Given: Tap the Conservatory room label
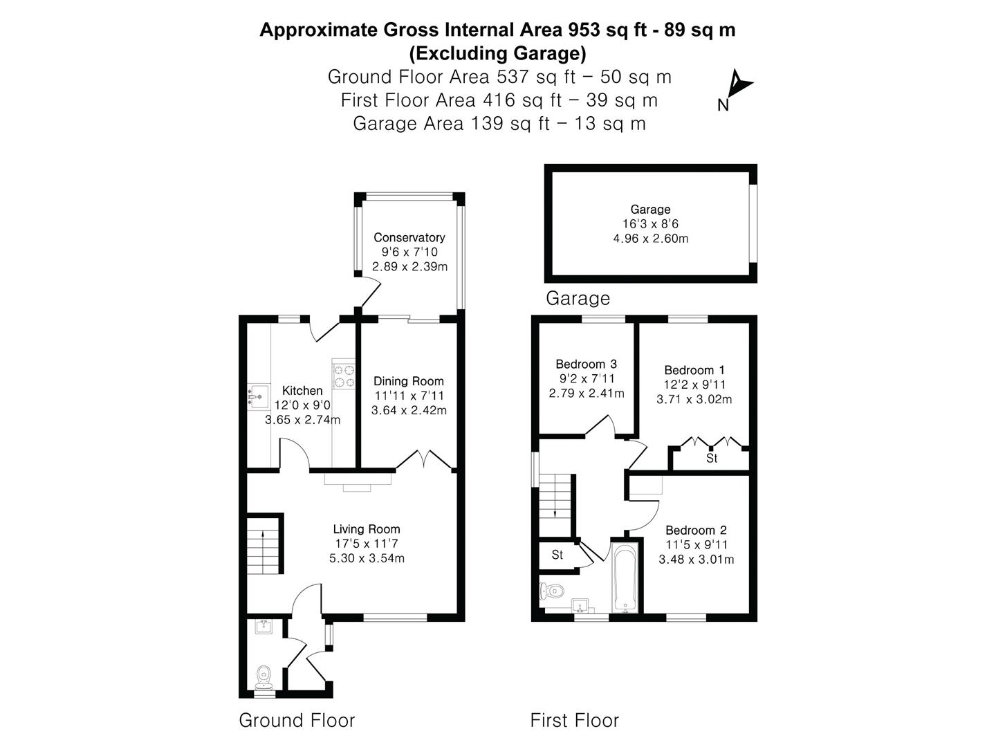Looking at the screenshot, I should coord(409,237).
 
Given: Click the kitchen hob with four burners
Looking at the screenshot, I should coord(344,376).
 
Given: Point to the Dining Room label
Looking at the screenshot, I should coord(409,381).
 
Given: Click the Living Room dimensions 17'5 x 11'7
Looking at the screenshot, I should coord(367,544).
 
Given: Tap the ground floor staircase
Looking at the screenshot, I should coord(265,544).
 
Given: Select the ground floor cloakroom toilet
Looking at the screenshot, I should coord(263,676).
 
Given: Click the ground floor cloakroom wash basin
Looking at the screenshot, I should coord(264,627).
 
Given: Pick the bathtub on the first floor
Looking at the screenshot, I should coord(625,578).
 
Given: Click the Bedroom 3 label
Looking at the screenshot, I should coord(586,364).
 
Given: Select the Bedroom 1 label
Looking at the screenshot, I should coord(694,370).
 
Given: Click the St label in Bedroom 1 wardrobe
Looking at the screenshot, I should coord(712,459).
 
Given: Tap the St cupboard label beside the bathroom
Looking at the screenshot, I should coord(557,555).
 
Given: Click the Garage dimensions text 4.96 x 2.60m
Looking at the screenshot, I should coord(650,239).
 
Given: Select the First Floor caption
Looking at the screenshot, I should coord(574,720).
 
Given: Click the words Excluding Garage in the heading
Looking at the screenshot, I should coord(497,53).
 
